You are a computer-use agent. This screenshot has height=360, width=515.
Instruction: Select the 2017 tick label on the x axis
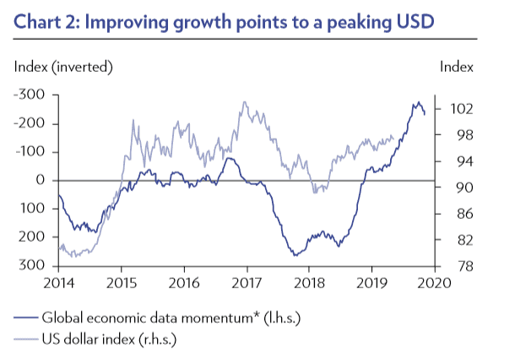247,281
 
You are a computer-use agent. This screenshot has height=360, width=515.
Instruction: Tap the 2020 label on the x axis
433,281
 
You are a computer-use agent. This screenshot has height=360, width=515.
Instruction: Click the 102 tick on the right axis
458,109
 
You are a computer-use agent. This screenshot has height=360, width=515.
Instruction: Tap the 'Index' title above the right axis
457,66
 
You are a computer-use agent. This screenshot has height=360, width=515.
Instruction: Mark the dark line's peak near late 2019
417,103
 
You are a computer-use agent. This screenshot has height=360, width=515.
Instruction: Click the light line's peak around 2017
245,103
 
